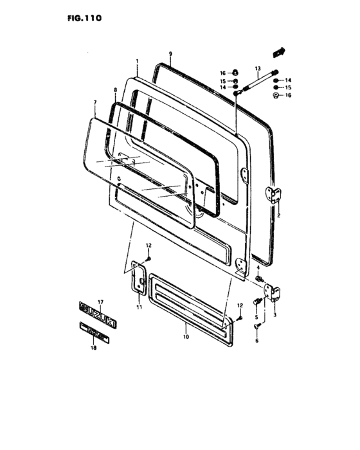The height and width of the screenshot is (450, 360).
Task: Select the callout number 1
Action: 137,63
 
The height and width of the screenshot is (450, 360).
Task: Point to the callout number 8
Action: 115,91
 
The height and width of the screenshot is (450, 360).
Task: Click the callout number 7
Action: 94,103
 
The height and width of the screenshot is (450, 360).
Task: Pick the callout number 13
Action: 257,67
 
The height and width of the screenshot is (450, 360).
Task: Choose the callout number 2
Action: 279,216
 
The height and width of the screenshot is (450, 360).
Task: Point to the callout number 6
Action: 257,341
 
